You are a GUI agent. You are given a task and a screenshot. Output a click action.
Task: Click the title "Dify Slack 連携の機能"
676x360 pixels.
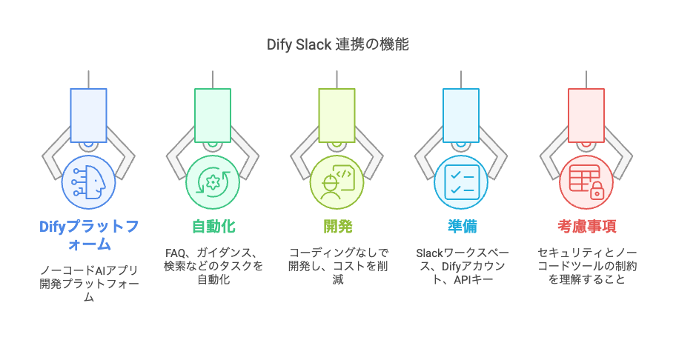click(337, 44)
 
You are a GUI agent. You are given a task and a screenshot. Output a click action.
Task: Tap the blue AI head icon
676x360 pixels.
click(88, 181)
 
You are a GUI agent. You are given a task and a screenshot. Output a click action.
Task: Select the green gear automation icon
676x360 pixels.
click(213, 181)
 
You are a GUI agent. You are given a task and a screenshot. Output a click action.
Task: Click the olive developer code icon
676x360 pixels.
click(337, 181)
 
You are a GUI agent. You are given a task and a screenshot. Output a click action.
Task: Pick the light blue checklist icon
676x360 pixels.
click(461, 181)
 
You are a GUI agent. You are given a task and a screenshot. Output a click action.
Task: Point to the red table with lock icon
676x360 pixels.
click(586, 181)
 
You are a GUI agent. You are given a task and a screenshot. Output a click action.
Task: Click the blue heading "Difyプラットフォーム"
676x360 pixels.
click(88, 234)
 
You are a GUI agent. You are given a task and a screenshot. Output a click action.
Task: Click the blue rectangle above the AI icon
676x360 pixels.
click(88, 115)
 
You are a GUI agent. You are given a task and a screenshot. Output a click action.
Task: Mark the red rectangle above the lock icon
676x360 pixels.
click(586, 115)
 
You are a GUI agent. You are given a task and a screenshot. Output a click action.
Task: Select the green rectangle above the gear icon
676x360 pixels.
click(213, 115)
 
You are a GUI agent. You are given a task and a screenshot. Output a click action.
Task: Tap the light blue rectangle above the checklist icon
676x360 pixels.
click(461, 115)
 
